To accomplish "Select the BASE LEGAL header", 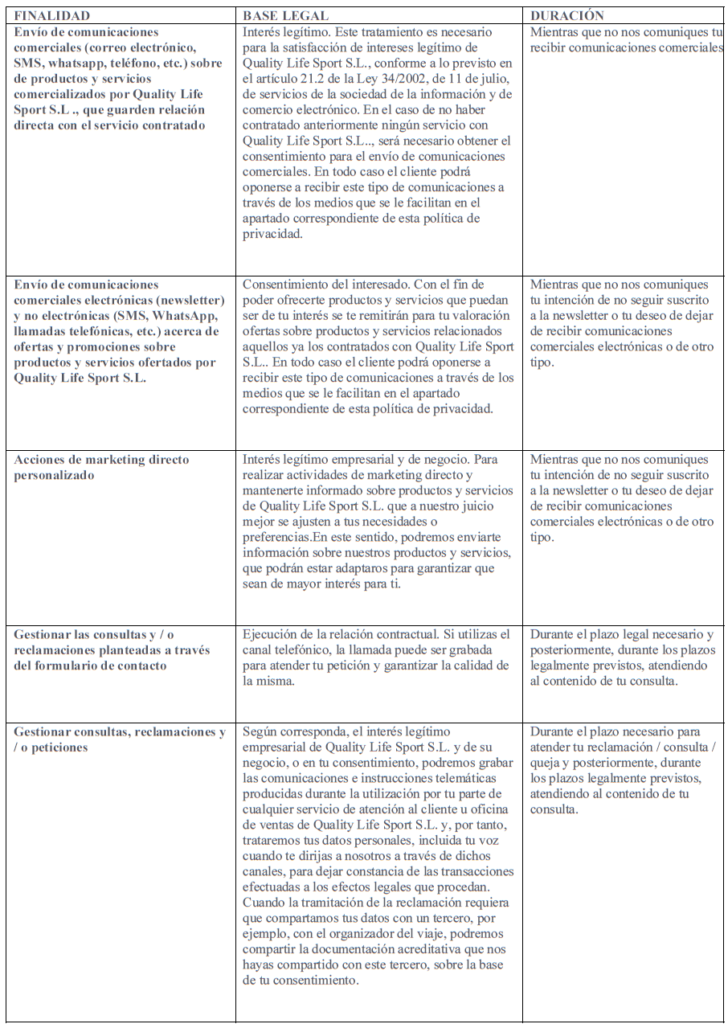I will coord(285,15).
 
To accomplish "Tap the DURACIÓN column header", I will coord(567,15).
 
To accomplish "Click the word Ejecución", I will coord(272,635).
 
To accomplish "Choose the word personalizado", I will coord(54,475).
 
